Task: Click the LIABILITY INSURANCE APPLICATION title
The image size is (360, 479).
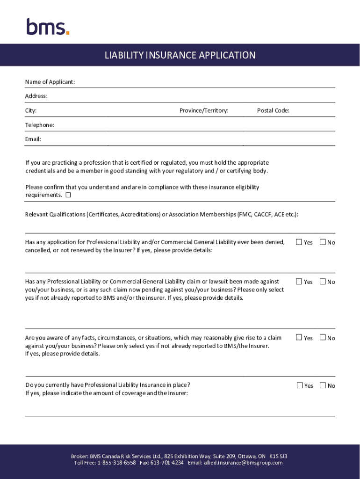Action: [x=180, y=55]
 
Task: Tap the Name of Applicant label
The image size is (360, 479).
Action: [x=50, y=82]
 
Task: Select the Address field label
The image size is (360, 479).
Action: [x=36, y=96]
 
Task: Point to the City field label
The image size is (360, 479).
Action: [x=31, y=111]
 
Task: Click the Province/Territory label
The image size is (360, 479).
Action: [x=204, y=111]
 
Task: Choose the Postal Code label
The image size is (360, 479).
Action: [x=273, y=111]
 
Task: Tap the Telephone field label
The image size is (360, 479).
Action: [x=40, y=125]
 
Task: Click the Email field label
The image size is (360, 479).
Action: [x=33, y=139]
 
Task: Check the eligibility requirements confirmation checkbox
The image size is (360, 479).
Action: [x=68, y=195]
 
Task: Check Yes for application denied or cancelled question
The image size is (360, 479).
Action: [x=299, y=242]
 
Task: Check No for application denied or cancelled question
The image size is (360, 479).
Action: [x=323, y=242]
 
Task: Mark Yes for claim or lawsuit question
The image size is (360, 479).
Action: [x=299, y=282]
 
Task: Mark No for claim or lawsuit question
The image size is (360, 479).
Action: [x=323, y=282]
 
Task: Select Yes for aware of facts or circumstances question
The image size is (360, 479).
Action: [x=299, y=338]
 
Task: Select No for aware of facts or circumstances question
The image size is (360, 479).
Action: [x=323, y=338]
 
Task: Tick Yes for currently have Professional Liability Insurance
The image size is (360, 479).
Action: [x=300, y=385]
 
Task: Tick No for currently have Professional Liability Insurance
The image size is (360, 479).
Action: [x=323, y=385]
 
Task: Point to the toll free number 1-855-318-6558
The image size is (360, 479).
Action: [x=116, y=463]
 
